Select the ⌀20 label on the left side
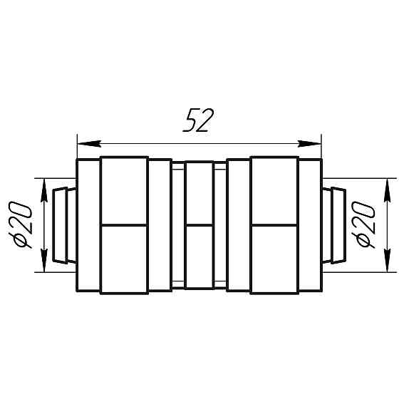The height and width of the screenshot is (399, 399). point(22,224)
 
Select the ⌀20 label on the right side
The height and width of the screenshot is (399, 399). point(364,224)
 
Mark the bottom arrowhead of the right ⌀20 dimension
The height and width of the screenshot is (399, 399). point(387,264)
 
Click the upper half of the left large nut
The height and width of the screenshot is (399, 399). point(124,190)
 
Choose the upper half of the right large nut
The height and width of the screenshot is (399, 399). point(274,190)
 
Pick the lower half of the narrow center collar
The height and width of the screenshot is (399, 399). point(199,256)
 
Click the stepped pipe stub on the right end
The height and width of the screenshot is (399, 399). point(334,224)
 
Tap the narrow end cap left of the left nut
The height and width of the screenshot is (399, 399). point(88,224)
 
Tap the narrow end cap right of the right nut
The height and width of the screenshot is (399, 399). point(310,224)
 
